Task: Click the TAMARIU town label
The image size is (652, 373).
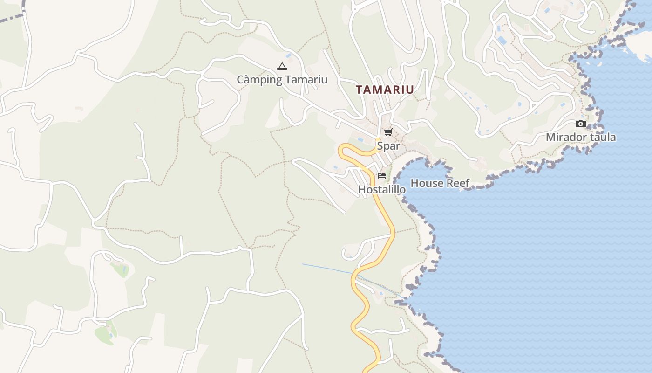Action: (385, 90)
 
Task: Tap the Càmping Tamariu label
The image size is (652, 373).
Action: (282, 80)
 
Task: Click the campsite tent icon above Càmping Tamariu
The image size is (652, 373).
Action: (282, 67)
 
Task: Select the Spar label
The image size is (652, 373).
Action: (388, 146)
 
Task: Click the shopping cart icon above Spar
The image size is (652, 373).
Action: (388, 132)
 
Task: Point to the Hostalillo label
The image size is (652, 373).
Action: (381, 189)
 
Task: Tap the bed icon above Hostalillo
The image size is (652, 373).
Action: (382, 176)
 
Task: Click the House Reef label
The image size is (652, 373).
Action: (440, 183)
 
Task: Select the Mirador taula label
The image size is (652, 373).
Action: (580, 137)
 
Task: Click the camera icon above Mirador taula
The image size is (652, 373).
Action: (580, 124)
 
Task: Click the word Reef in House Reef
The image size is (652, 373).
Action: (458, 183)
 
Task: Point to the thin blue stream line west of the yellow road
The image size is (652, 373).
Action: (326, 268)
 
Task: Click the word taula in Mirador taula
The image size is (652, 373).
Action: (601, 137)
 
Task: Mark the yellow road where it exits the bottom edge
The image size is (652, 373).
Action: (367, 370)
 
